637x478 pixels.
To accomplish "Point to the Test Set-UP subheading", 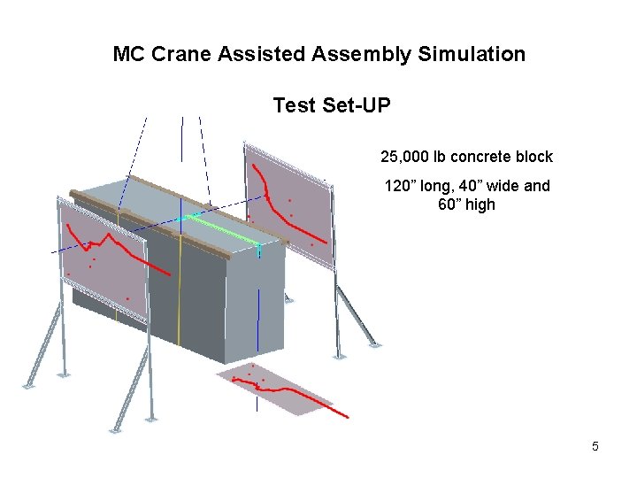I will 331,105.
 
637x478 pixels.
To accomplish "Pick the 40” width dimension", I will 469,186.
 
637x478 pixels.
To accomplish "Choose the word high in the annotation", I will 481,204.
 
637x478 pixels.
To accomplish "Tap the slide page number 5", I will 595,446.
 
